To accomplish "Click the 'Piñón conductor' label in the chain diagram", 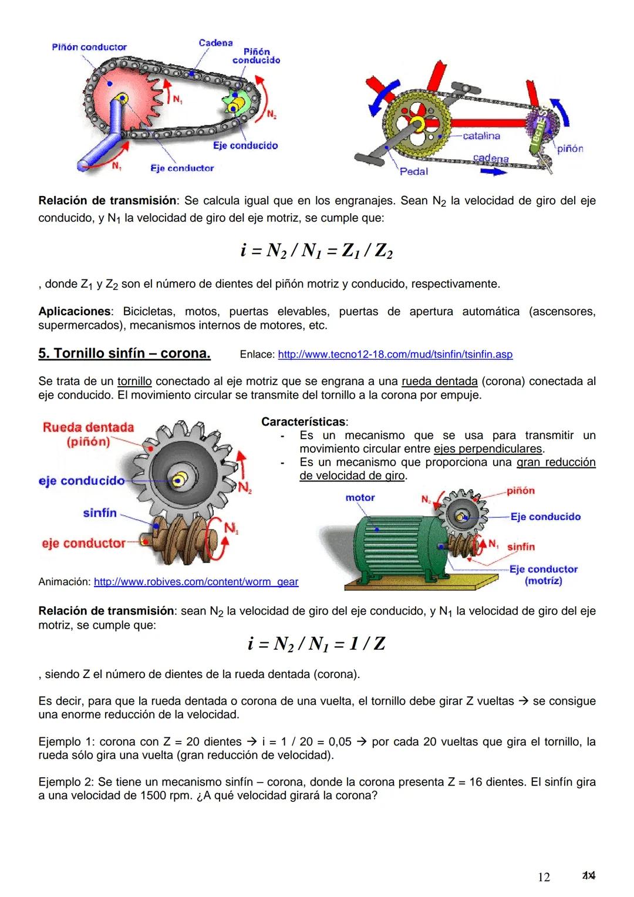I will (89, 47).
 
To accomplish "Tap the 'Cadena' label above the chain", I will (215, 43).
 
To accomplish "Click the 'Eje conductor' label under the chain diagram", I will (182, 168).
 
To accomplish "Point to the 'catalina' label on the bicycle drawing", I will (481, 136).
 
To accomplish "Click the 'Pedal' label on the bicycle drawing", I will (414, 171).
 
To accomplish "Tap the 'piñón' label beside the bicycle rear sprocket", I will (570, 149).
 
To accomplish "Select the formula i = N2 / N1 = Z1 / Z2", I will (316, 251).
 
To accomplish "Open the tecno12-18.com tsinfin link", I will (394, 355).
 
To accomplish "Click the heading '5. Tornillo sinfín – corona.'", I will (124, 353).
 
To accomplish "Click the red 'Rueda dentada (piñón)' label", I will (88, 434).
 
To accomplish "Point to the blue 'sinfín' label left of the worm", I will (100, 513).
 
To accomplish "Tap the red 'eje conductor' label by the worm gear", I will (83, 544).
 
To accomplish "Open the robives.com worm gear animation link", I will (195, 582).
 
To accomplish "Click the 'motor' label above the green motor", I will (360, 498).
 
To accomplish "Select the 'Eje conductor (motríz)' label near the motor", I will (543, 575).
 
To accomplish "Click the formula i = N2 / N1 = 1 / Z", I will (316, 644).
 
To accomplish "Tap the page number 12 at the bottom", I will (544, 877).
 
